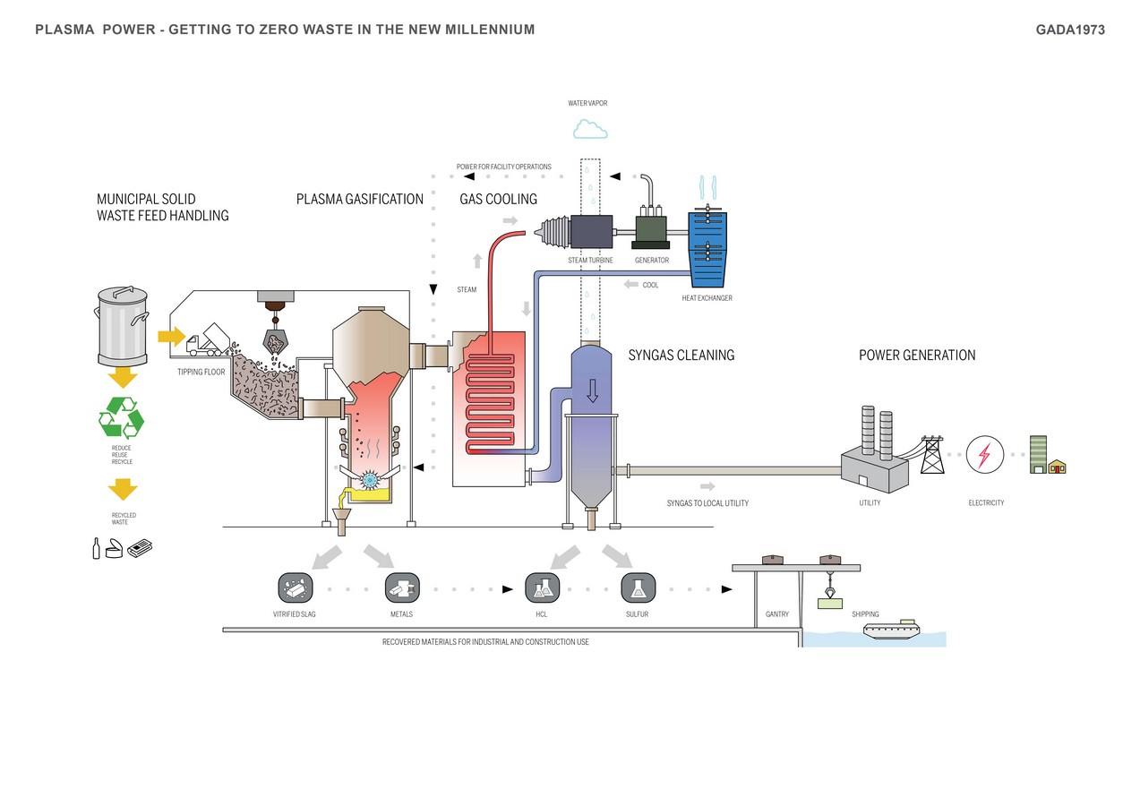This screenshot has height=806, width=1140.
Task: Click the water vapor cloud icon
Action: point(590,130)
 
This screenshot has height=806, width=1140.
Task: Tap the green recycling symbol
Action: point(121,417)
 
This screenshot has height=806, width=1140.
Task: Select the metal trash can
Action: point(122,326)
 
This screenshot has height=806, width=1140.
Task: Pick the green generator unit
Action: point(651,230)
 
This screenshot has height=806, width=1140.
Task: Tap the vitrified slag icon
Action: point(295,588)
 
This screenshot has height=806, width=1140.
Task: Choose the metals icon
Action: point(401,588)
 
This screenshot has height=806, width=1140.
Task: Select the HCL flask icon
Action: point(542,588)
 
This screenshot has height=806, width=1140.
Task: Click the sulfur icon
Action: point(638,588)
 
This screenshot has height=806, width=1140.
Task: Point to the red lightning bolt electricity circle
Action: point(985,455)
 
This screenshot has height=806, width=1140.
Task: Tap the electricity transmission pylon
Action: point(932,455)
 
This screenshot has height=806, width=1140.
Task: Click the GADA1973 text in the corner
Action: point(1070,30)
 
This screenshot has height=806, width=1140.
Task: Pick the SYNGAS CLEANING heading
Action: point(681,356)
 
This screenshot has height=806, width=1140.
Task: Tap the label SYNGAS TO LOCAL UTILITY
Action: point(707,503)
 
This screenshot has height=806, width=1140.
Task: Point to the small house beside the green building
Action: point(1058,467)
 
